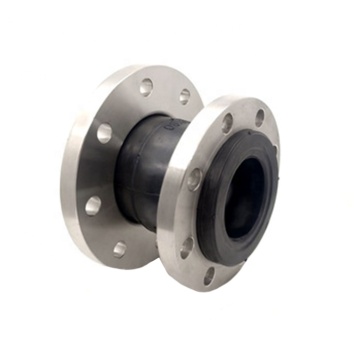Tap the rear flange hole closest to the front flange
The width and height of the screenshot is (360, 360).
[184, 96]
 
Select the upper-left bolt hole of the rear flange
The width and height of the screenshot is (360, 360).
[104, 132]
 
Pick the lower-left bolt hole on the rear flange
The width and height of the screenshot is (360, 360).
[93, 206]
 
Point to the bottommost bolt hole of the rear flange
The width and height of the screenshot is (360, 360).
[121, 248]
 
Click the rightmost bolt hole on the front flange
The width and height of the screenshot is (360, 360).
[259, 117]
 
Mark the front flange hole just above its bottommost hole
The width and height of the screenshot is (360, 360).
[187, 243]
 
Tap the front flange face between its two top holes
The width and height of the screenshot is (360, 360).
[243, 118]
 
